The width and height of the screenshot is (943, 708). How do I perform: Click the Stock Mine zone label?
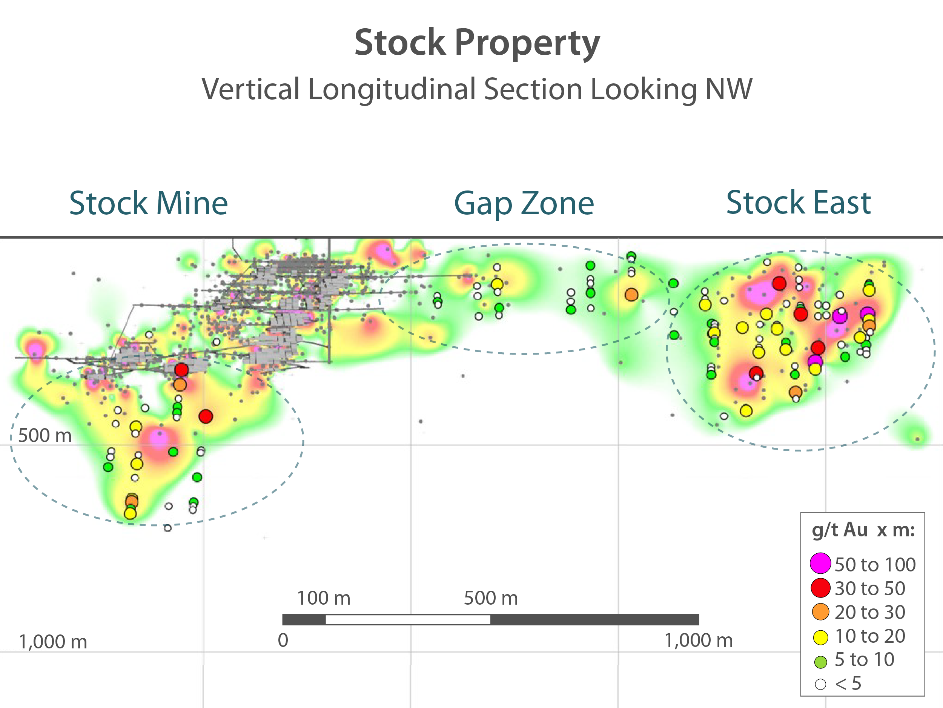tap(148, 203)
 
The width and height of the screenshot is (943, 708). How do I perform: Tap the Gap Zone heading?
tap(524, 203)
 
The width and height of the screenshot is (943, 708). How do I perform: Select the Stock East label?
tap(798, 203)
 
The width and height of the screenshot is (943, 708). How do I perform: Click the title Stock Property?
tap(477, 43)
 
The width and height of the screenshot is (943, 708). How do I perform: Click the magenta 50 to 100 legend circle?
tap(820, 563)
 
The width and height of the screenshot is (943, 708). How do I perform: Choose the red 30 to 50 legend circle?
tap(820, 588)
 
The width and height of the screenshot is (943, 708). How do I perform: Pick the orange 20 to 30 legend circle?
tap(820, 612)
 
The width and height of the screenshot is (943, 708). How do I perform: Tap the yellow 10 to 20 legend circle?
tap(820, 637)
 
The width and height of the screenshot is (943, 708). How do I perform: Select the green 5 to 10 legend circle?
tap(820, 662)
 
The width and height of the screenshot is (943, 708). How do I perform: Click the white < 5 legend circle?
tap(820, 684)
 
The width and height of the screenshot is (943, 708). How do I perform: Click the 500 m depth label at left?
tap(45, 436)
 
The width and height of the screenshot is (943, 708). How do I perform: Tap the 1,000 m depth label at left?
tap(53, 642)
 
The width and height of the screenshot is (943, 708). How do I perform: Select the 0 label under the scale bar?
tap(283, 640)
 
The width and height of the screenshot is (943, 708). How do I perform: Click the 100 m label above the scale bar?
tap(324, 598)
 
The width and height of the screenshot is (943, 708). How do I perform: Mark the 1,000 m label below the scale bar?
tap(698, 640)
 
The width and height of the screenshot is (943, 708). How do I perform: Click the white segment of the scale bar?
tap(407, 619)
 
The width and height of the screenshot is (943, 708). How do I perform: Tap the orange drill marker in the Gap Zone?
tap(631, 295)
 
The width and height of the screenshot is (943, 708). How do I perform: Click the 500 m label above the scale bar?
tap(491, 598)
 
